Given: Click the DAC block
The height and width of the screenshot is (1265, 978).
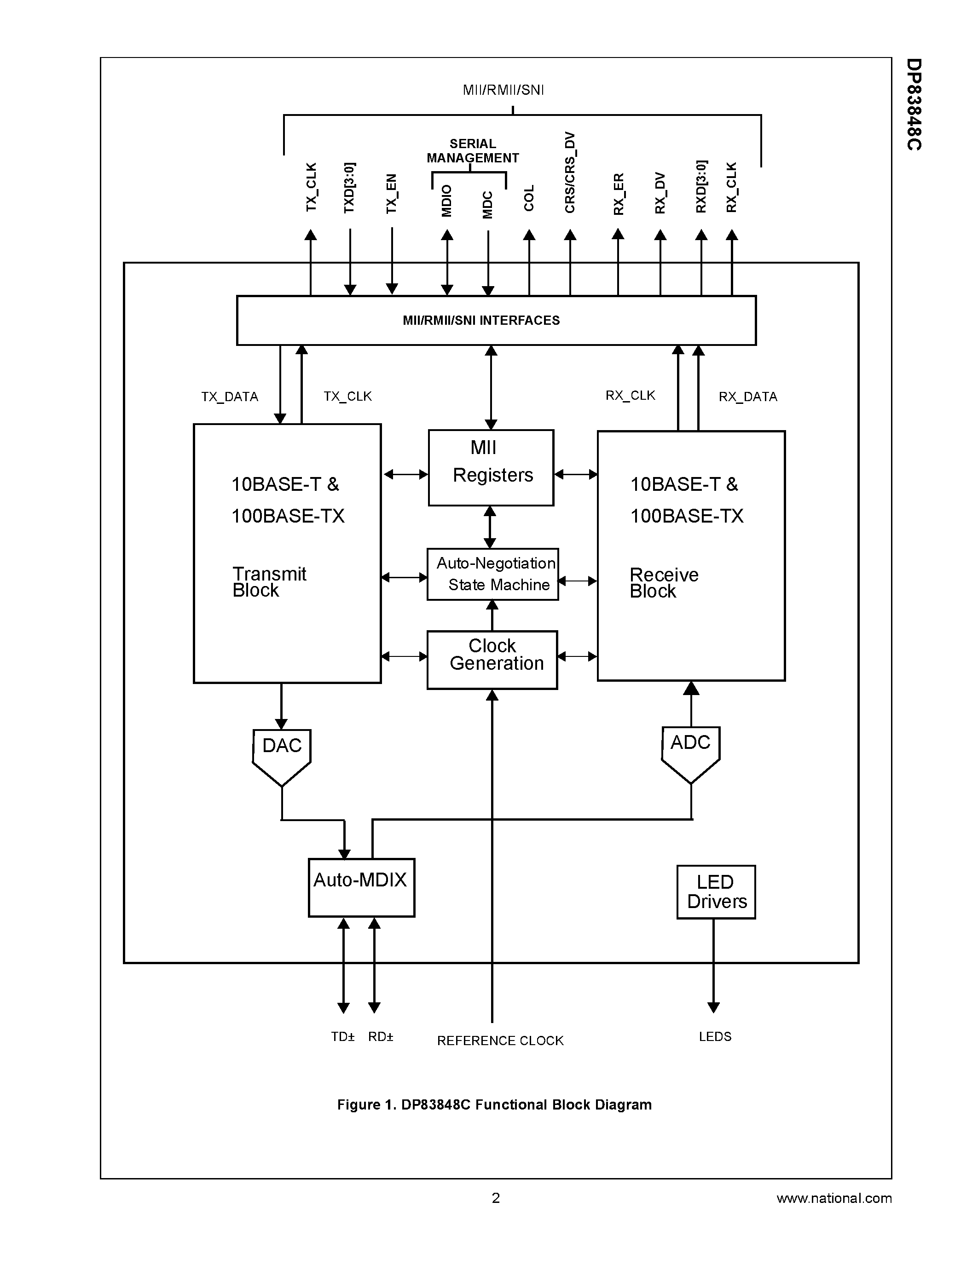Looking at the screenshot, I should (x=282, y=753).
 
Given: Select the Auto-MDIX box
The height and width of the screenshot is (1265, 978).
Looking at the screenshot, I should (x=361, y=887).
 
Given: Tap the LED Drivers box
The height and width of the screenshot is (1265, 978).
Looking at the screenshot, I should (x=716, y=892).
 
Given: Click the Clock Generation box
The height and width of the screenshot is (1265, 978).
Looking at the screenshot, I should (x=492, y=660).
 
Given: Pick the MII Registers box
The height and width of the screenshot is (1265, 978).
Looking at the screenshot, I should (x=491, y=467).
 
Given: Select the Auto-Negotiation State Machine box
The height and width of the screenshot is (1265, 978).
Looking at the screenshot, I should (x=493, y=574).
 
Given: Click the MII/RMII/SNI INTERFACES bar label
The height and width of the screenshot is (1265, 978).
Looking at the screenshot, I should (x=481, y=320).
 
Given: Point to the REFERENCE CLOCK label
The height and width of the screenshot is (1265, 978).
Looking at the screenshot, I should (x=500, y=1041).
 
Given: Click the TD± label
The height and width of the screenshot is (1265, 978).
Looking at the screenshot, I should (x=342, y=1037).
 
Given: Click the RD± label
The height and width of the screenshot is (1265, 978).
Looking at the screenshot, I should (x=381, y=1037).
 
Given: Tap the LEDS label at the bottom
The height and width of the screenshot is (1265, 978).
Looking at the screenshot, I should (x=715, y=1037).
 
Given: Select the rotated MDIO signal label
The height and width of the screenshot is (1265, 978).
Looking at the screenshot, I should (x=446, y=201).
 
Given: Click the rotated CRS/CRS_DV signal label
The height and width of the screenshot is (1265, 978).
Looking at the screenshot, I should (x=570, y=172).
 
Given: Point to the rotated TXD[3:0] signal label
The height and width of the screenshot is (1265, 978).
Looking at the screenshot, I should (x=349, y=188).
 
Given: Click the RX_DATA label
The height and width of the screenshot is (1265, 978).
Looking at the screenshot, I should (x=747, y=397).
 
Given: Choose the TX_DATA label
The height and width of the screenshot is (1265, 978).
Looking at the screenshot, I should (x=230, y=397).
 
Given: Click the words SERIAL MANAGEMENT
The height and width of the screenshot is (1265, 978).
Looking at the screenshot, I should (x=472, y=150).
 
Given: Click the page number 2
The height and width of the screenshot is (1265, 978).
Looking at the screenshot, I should (x=495, y=1198).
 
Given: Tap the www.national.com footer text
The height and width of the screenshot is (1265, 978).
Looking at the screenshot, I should (x=834, y=1198).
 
